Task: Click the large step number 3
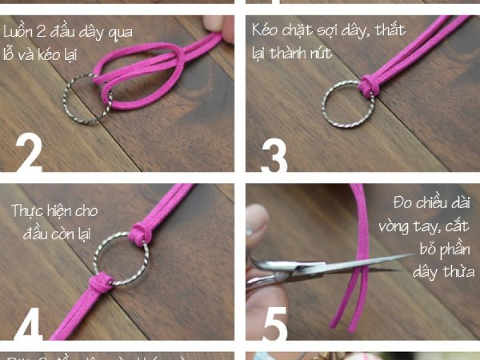pyautogui.click(x=274, y=154)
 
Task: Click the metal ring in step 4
pyautogui.click(x=120, y=258)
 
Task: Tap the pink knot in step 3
pyautogui.click(x=368, y=85)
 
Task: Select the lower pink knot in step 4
pyautogui.click(x=99, y=281)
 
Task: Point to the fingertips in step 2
pyautogui.click(x=218, y=27)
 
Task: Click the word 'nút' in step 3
pyautogui.click(x=319, y=52)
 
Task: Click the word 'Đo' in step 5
pyautogui.click(x=402, y=202)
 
